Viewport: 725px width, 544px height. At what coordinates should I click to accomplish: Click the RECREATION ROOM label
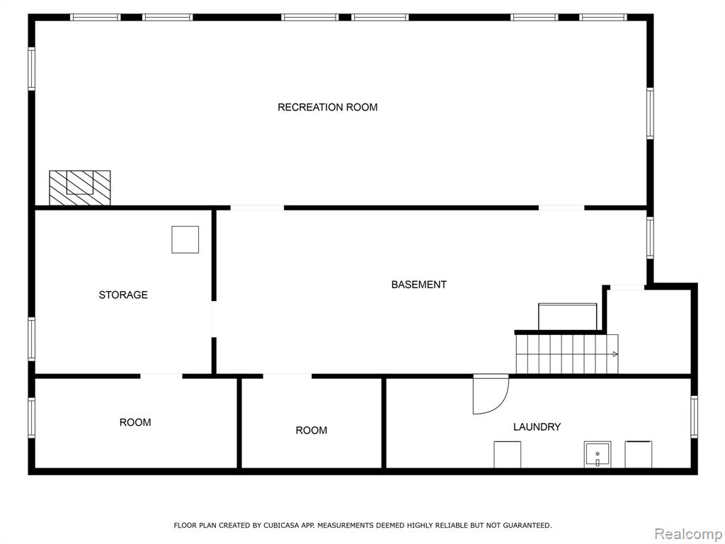click(x=327, y=108)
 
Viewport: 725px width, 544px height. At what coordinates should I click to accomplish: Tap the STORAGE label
click(x=123, y=295)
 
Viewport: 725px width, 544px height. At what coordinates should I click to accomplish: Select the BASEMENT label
click(x=419, y=285)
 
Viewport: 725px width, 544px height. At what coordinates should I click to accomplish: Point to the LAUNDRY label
click(x=537, y=426)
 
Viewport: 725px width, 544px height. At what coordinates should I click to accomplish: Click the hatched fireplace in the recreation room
click(x=79, y=187)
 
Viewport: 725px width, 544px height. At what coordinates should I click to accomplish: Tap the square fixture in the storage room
click(x=185, y=239)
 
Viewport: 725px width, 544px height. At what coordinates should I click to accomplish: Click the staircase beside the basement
click(x=567, y=354)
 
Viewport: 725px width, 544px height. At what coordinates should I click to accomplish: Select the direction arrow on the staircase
click(x=615, y=354)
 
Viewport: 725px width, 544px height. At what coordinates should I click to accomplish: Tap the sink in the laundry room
click(x=598, y=455)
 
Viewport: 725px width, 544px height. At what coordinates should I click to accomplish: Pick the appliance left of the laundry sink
click(x=507, y=455)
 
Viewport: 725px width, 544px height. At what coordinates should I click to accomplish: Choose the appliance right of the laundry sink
click(x=639, y=455)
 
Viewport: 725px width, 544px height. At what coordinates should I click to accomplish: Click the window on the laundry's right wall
click(x=694, y=416)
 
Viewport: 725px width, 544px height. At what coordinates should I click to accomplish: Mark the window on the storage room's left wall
click(x=31, y=339)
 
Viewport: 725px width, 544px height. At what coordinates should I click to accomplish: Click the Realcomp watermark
click(x=688, y=534)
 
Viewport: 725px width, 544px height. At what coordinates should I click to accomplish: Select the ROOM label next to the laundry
click(x=312, y=431)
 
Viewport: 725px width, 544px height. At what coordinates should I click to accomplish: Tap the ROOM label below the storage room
click(x=135, y=422)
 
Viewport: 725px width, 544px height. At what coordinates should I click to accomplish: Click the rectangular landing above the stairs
click(x=567, y=317)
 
